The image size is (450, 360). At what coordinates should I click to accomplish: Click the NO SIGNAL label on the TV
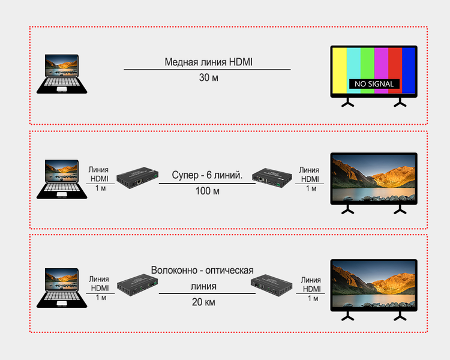374,84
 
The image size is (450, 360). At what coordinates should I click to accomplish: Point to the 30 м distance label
208,78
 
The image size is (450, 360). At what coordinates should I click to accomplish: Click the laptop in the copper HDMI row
62,74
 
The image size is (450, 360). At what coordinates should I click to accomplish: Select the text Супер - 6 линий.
207,176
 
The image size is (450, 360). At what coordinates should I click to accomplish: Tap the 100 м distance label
208,191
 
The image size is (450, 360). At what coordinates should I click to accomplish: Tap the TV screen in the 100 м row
374,178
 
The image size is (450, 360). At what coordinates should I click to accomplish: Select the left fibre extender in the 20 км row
136,283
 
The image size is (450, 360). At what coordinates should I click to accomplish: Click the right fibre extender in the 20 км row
273,283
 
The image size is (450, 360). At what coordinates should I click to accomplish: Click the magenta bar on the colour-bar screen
381,63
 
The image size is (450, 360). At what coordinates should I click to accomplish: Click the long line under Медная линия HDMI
207,70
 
